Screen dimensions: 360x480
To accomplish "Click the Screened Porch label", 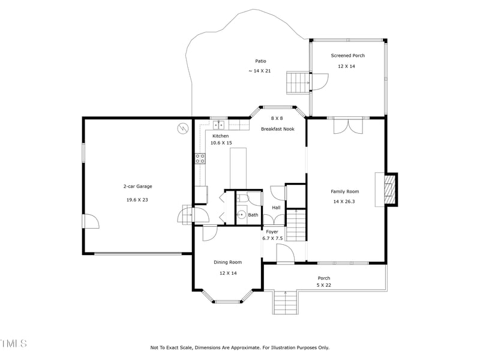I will [x=347, y=56].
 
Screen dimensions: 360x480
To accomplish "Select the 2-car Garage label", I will [x=137, y=187].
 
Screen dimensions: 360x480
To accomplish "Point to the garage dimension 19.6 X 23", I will [x=137, y=200].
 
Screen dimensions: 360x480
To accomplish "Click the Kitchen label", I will [x=220, y=136].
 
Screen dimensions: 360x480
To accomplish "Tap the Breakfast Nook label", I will [x=277, y=129].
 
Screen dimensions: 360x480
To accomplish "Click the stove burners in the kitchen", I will [x=200, y=158].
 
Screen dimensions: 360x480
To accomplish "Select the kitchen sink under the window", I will [x=219, y=125].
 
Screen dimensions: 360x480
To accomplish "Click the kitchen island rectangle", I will [x=238, y=169].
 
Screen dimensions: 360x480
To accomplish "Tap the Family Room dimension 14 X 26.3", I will [x=344, y=202].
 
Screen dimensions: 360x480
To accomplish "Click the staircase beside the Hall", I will [x=295, y=224].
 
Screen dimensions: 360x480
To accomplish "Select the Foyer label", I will [x=272, y=232].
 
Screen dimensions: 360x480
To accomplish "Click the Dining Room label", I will [x=227, y=262].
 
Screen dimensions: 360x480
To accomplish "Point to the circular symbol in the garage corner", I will [x=182, y=128].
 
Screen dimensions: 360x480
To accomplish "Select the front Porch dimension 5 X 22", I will [x=324, y=285].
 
